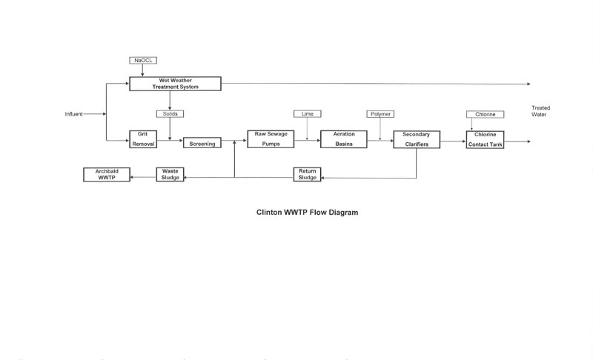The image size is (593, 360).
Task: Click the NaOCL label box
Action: (x=142, y=60)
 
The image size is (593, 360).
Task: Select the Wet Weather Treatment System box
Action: (x=175, y=83)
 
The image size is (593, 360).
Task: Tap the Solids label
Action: (x=170, y=114)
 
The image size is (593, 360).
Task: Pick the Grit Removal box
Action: (x=142, y=139)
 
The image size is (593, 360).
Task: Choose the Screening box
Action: (x=202, y=144)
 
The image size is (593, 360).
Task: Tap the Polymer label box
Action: (x=380, y=114)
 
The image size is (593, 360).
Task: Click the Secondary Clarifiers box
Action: (x=416, y=139)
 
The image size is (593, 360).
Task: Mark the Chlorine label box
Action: (x=485, y=114)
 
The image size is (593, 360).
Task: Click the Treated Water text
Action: (x=540, y=110)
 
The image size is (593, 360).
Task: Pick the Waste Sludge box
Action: (x=170, y=174)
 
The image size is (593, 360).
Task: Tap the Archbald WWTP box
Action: (x=107, y=174)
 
